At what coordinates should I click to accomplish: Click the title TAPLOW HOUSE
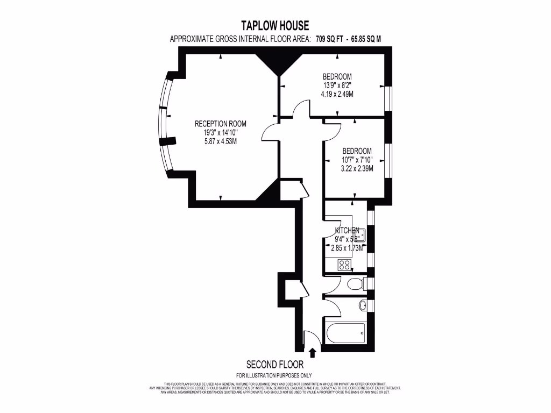click(x=275, y=25)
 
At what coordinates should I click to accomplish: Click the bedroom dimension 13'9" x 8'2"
click(x=337, y=86)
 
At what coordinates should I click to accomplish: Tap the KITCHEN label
click(x=347, y=230)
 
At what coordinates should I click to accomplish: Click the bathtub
click(x=344, y=335)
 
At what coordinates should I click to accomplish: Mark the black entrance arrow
click(x=313, y=352)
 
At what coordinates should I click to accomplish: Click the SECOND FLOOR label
click(x=274, y=364)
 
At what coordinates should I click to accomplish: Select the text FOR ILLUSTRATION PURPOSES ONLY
click(x=274, y=375)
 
